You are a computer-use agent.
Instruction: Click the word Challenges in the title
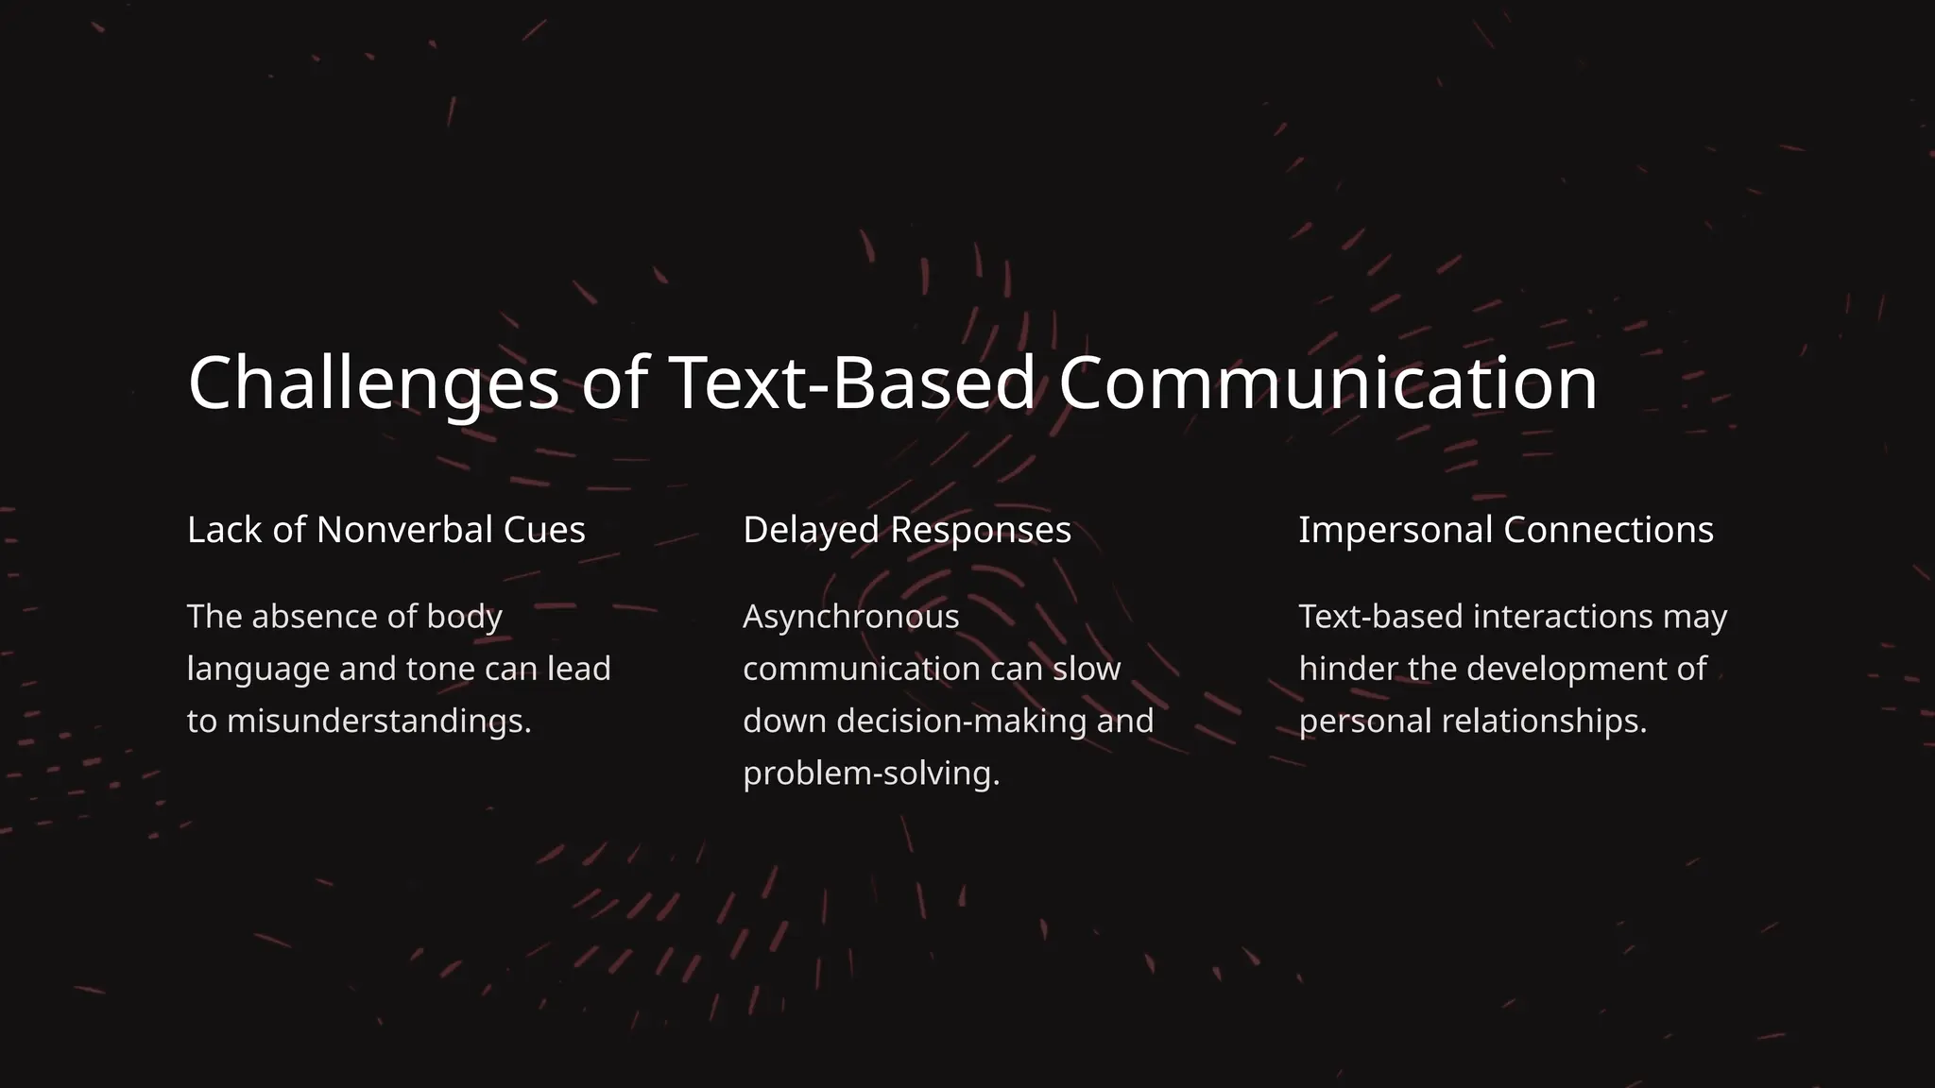pyautogui.click(x=373, y=382)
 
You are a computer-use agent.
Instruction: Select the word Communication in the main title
pyautogui.click(x=1327, y=382)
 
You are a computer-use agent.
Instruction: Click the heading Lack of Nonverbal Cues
pyautogui.click(x=385, y=530)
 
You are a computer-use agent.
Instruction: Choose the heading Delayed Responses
pyautogui.click(x=907, y=530)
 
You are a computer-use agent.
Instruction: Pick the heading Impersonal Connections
pyautogui.click(x=1505, y=530)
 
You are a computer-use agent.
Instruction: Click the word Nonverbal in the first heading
pyautogui.click(x=404, y=530)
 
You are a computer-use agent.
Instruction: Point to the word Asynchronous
pyautogui.click(x=850, y=617)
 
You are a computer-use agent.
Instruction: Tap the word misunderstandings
pyautogui.click(x=379, y=722)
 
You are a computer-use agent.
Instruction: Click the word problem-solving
pyautogui.click(x=870, y=773)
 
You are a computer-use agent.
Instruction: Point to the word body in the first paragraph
pyautogui.click(x=464, y=617)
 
